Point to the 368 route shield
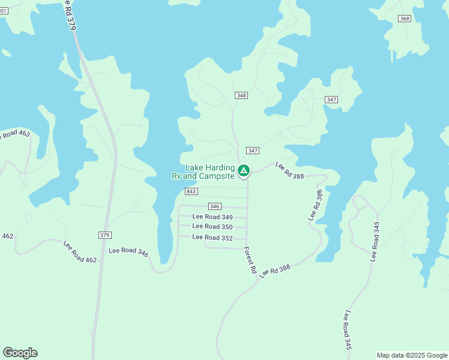tap(405, 19)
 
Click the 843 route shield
tap(191, 191)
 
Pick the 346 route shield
tap(215, 206)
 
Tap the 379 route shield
tap(104, 235)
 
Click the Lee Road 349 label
tap(212, 217)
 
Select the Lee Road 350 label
tap(212, 227)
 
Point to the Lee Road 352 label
tap(212, 238)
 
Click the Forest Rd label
tap(250, 261)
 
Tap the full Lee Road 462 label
tap(80, 251)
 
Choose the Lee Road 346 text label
tap(128, 252)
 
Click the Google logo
tap(20, 353)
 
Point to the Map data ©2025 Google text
tap(412, 355)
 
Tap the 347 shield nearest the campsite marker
tap(253, 151)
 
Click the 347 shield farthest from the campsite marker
tap(331, 99)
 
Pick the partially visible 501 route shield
tap(3, 11)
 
